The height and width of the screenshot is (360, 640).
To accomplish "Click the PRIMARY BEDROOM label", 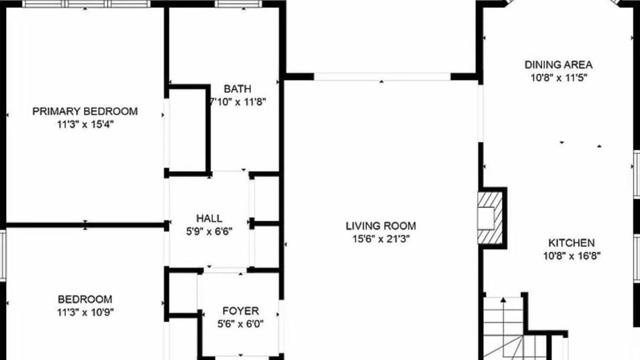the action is coord(85,111).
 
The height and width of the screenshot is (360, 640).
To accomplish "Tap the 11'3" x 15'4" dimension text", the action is coord(85,124).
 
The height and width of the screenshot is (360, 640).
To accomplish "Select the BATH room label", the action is coord(237,89).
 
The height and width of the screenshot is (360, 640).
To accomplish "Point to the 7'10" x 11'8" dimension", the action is coord(237,101).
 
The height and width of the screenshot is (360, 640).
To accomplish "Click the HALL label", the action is coord(209,218).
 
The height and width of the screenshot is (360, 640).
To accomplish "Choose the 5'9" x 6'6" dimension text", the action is coord(209,231).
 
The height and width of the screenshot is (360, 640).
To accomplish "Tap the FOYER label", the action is coord(240,310).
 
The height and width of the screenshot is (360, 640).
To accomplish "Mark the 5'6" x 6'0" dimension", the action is coord(240,323).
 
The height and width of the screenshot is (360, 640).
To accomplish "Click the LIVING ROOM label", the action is coord(381,225).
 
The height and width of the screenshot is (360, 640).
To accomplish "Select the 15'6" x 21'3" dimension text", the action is coord(381,238).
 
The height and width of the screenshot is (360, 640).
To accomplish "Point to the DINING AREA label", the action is coord(558,64).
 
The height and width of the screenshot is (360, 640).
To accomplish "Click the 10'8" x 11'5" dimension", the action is coord(558,77).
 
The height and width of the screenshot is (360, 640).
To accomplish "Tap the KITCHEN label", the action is coord(571,242).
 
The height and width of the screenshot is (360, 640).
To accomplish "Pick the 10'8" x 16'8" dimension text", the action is coord(571,255).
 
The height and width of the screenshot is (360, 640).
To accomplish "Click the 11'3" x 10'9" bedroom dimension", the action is coord(85,312).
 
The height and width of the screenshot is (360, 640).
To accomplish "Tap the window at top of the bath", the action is coord(238,3).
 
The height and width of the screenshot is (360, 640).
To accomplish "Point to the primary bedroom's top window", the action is coord(86,3).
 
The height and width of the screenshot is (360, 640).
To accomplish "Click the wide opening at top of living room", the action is coord(382,76).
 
